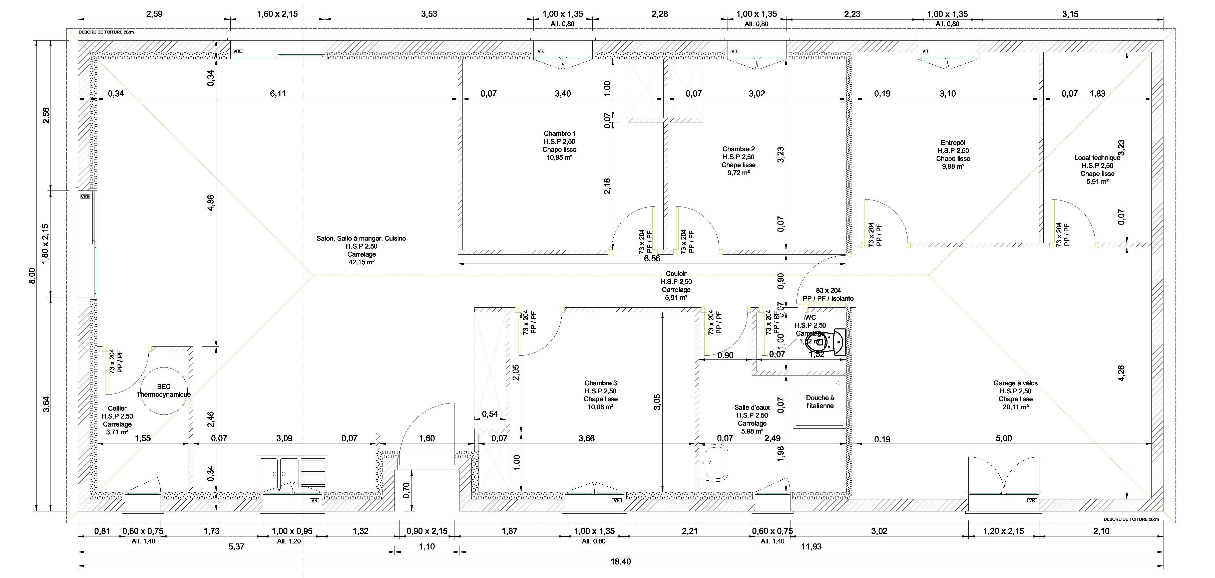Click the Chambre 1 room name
559,133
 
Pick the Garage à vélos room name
1015,383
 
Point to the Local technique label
1097,158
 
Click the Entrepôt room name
953,142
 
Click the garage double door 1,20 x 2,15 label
1003,531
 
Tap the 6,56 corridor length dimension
652,259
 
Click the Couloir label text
676,274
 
